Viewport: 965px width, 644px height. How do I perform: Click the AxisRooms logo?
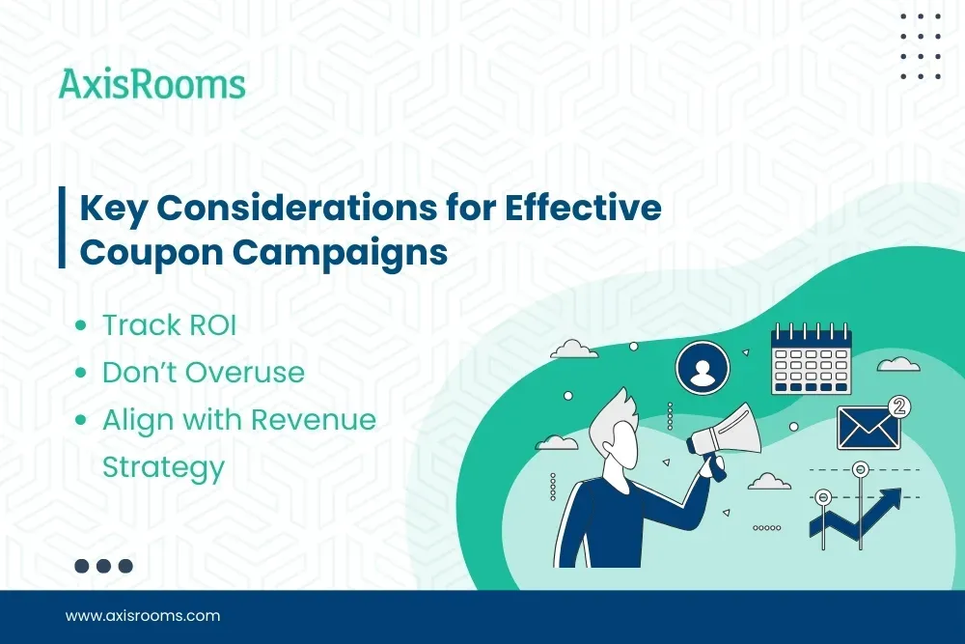[x=152, y=84]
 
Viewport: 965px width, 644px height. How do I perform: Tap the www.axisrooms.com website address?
[x=143, y=615]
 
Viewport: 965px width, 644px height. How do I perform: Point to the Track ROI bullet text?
[x=169, y=325]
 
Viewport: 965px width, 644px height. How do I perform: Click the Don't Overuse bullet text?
[x=203, y=373]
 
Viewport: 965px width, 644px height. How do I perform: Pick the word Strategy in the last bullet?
[x=163, y=468]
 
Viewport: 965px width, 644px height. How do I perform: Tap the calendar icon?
[x=811, y=359]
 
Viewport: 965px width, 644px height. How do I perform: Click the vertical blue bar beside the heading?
[x=63, y=229]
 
